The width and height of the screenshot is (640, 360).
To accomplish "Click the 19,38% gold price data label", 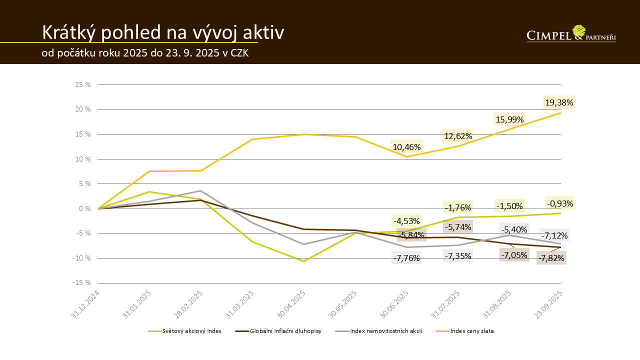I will tap(559, 102).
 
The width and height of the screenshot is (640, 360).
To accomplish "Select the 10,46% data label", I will tap(406, 147).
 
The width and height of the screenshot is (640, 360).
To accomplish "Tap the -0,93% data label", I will tap(559, 203).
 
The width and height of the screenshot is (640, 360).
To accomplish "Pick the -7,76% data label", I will tap(406, 258).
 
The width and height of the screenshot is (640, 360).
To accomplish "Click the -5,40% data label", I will tap(515, 230).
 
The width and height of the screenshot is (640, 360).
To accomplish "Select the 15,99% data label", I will tap(509, 119).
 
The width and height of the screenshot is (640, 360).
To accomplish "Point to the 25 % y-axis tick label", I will tap(83, 84).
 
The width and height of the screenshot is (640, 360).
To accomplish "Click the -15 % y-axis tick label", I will tap(81, 282).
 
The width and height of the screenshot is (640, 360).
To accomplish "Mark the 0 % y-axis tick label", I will tap(85, 208).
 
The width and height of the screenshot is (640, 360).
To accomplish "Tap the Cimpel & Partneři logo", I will tap(571, 34).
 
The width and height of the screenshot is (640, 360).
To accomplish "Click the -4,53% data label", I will tap(406, 220).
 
